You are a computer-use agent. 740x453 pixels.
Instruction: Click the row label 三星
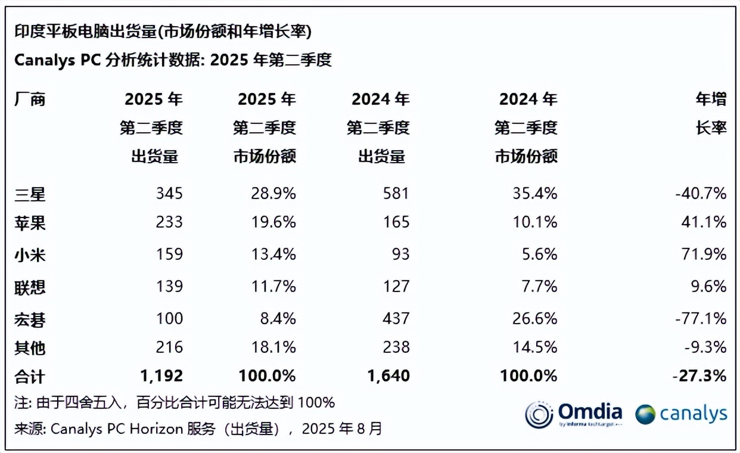pos(30,194)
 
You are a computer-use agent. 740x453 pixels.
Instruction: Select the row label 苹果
pos(30,223)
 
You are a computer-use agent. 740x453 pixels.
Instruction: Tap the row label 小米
pos(30,255)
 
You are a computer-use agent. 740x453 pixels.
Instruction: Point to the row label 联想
pos(30,287)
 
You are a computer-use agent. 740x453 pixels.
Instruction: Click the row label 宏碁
pos(30,319)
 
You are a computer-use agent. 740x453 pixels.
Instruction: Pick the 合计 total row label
pos(30,376)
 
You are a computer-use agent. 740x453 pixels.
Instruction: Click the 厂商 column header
pos(30,99)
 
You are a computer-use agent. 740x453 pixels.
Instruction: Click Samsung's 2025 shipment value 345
pos(169,194)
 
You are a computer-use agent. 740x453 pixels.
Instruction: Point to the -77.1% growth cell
pos(701,319)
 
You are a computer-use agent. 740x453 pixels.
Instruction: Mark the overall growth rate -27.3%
pos(699,376)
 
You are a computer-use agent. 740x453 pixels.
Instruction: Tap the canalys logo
pos(681,414)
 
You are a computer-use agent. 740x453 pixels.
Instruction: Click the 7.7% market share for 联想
pos(540,287)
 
